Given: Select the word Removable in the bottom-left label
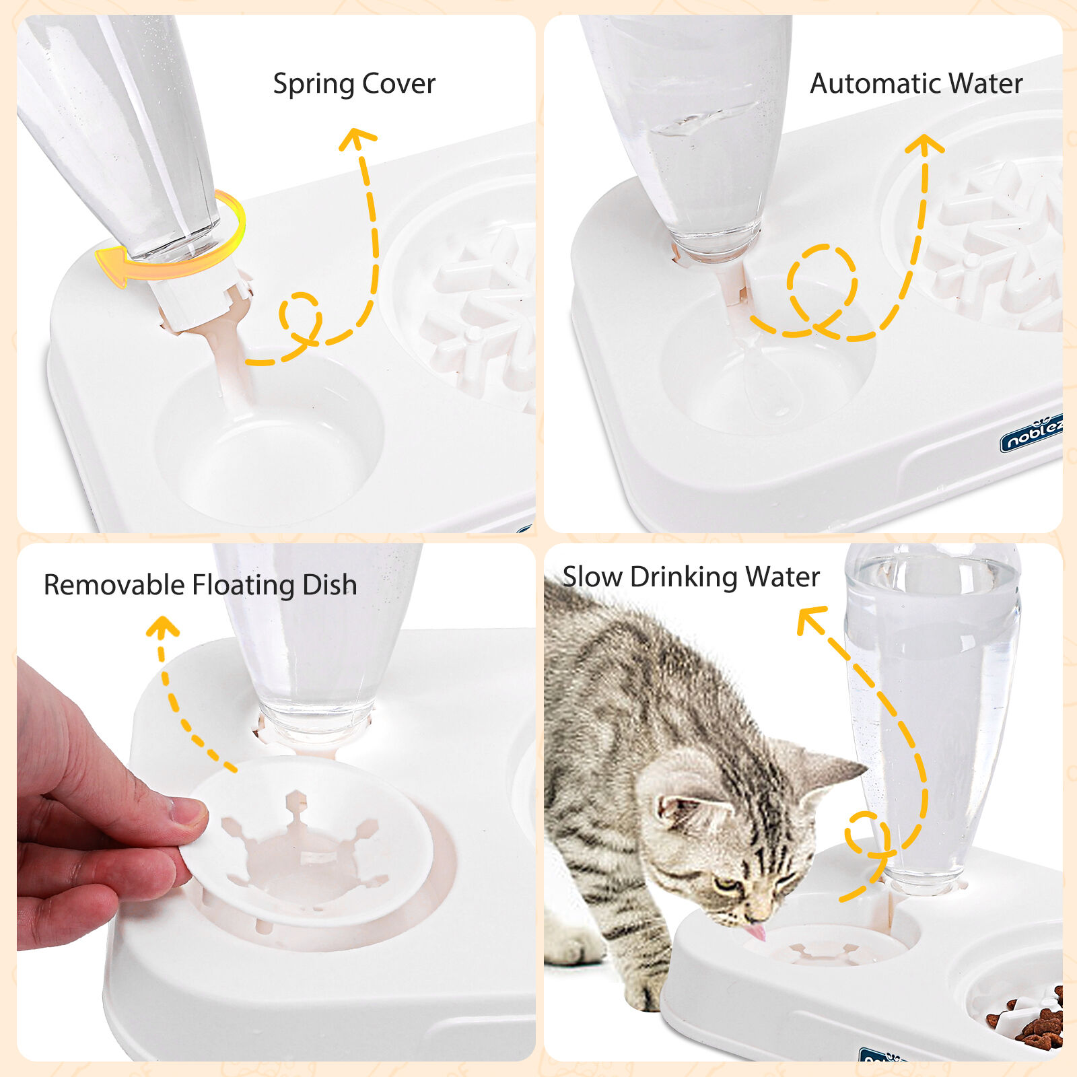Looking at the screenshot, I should [x=114, y=584].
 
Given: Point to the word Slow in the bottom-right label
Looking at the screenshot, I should [x=592, y=577].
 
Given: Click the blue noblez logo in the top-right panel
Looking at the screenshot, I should [x=1031, y=434].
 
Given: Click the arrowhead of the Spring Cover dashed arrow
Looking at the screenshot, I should [x=357, y=137].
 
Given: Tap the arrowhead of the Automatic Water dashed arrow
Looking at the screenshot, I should [x=924, y=144].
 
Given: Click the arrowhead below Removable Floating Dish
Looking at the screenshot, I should [x=162, y=626].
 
